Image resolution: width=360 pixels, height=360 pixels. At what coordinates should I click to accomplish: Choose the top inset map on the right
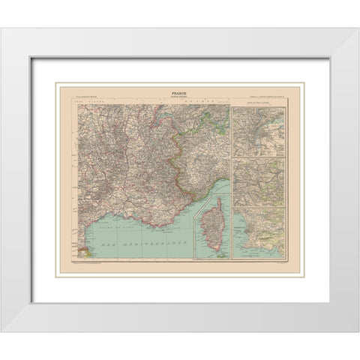click(x=259, y=132)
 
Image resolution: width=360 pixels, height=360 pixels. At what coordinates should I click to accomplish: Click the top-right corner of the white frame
click(x=343, y=29)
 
